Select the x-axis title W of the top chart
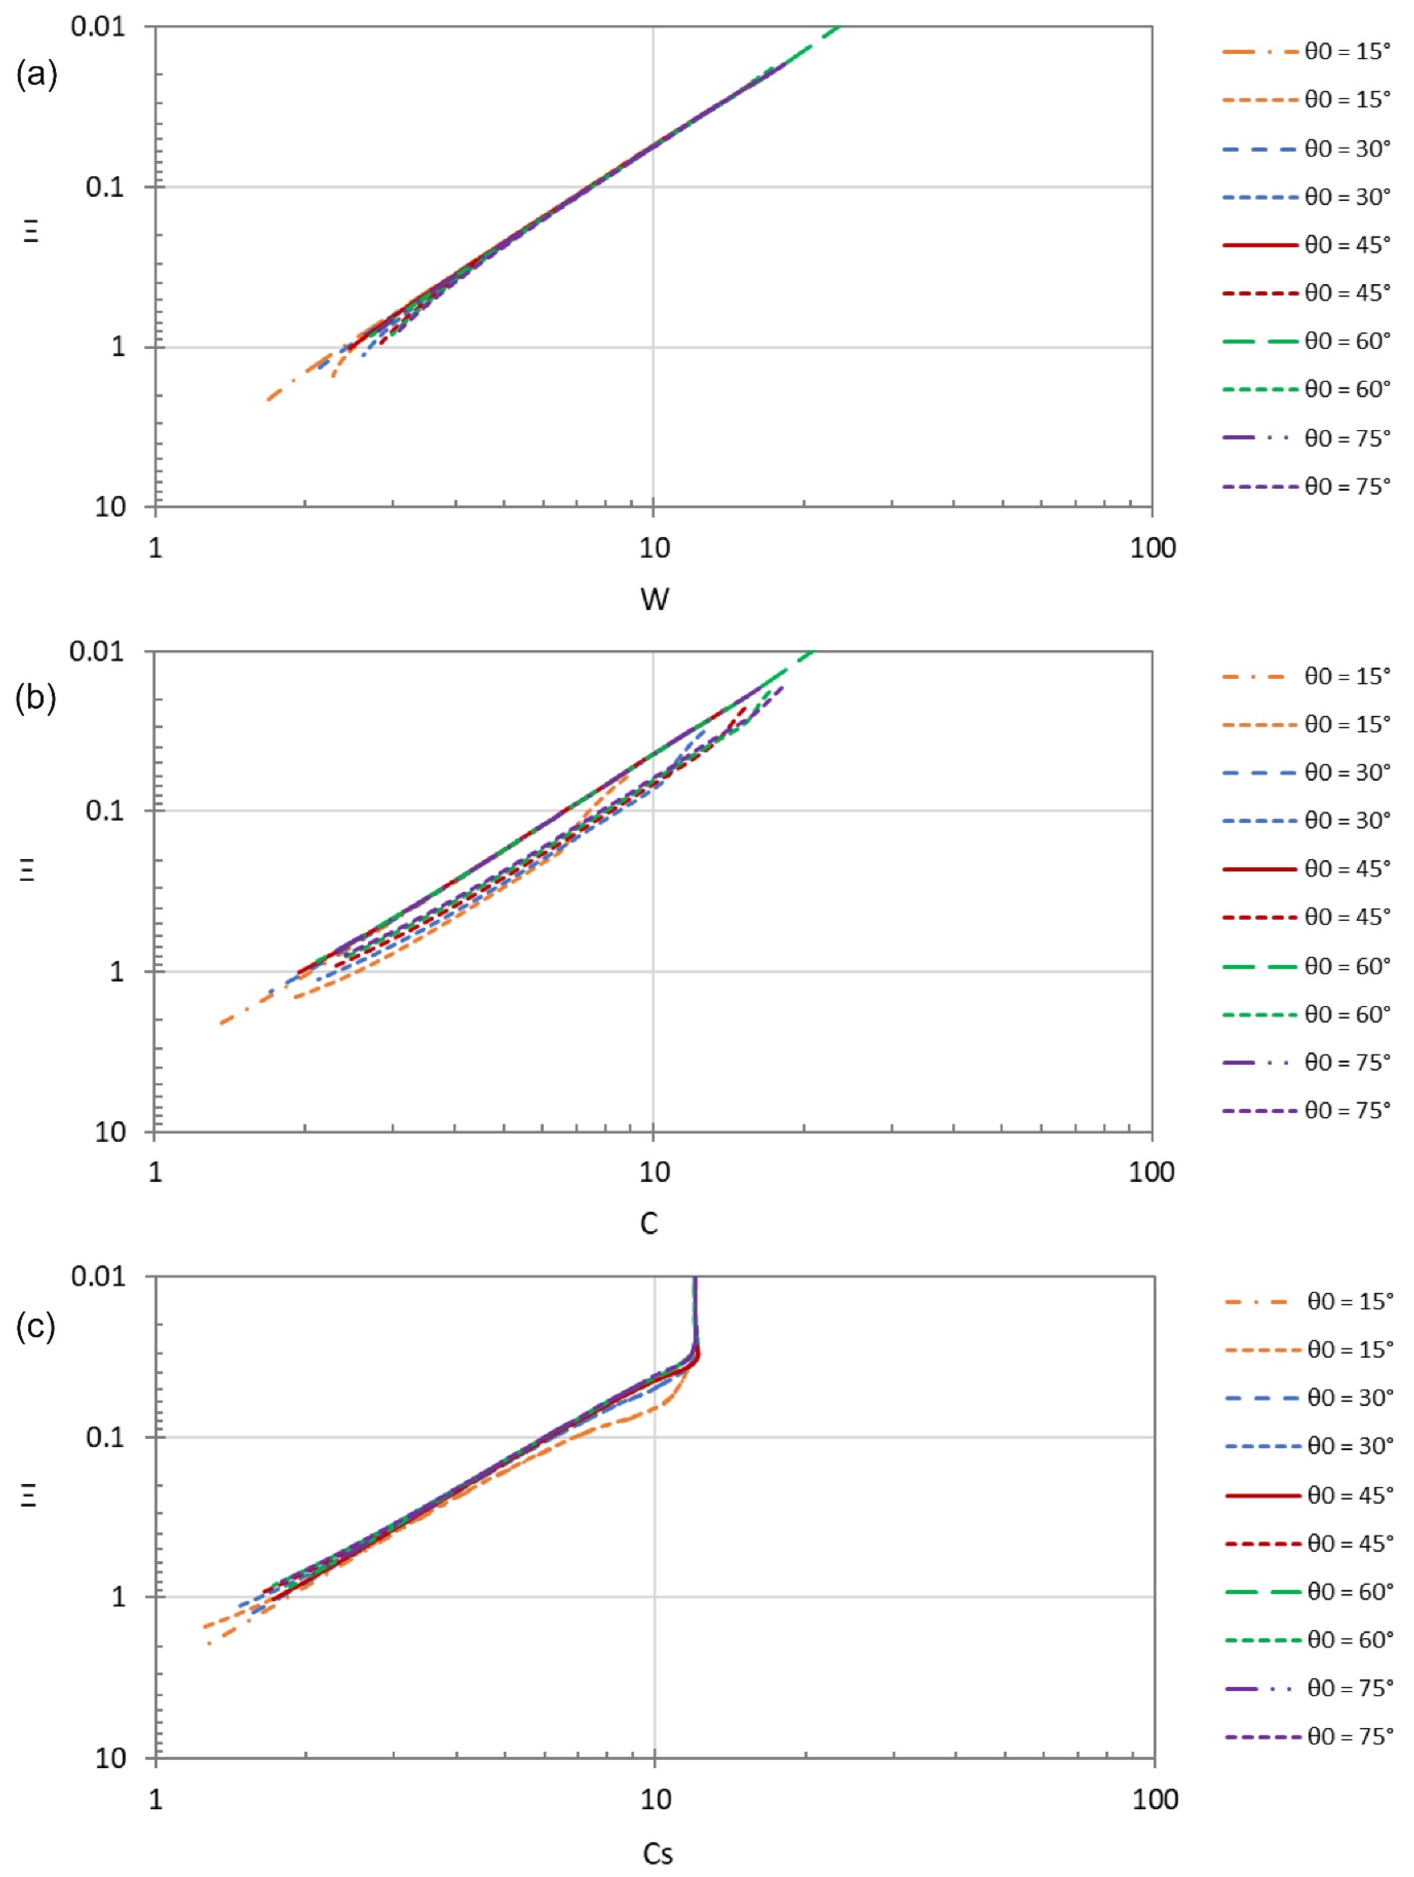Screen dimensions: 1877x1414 654,599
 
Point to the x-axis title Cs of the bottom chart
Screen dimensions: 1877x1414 657,1853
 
